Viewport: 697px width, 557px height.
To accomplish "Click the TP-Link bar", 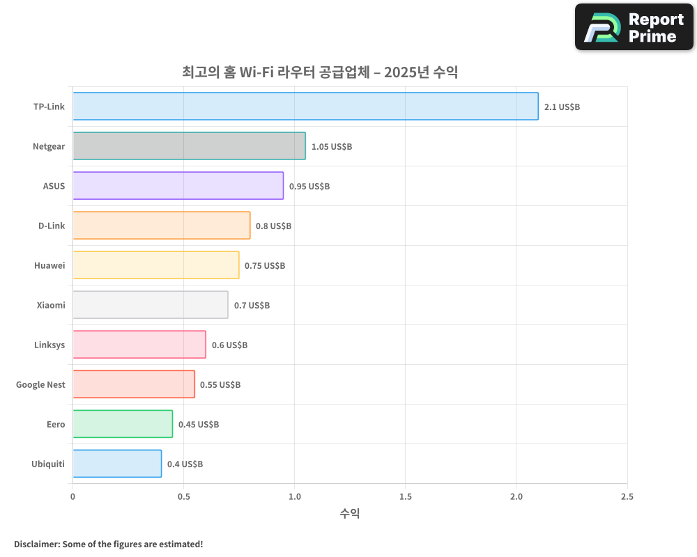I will click(x=305, y=107).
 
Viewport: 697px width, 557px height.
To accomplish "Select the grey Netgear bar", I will click(x=189, y=146).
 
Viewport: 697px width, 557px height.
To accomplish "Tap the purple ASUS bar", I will click(x=178, y=186).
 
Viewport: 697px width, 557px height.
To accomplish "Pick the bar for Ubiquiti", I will click(x=117, y=464).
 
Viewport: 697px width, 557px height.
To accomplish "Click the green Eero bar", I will click(x=123, y=424).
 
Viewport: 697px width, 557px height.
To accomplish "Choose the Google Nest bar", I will click(x=134, y=384).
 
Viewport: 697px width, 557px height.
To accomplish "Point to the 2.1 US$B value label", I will click(x=562, y=107).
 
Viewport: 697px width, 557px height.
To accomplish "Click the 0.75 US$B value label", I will click(x=265, y=266).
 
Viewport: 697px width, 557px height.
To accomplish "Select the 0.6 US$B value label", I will click(x=229, y=345).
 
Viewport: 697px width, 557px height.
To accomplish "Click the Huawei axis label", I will click(x=49, y=265).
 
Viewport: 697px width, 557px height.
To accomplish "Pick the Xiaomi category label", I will click(x=51, y=305).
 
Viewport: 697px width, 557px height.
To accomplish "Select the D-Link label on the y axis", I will click(x=52, y=226).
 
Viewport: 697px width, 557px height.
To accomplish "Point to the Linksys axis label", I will click(x=49, y=345).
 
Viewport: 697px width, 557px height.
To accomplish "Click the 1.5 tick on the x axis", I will click(x=406, y=497).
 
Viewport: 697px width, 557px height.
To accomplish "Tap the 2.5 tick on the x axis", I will click(x=627, y=497).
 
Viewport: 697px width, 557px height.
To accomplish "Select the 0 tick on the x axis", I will click(x=72, y=497).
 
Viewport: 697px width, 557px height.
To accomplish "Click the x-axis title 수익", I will click(x=350, y=514).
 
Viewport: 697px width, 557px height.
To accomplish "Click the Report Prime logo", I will click(x=634, y=27).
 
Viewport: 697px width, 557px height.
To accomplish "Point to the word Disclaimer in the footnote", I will click(x=36, y=544).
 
